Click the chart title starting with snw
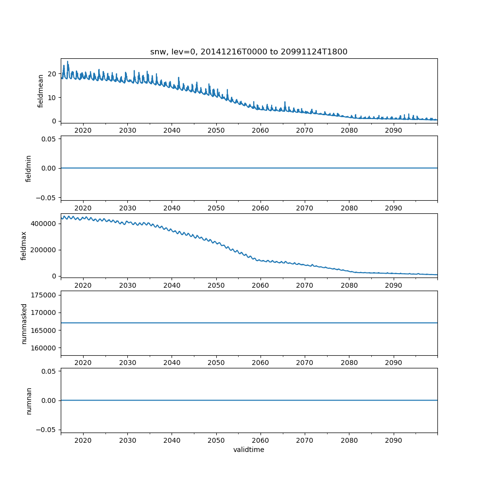pyautogui.click(x=248, y=52)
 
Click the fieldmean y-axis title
pyautogui.click(x=41, y=91)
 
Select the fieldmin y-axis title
pyautogui.click(x=28, y=168)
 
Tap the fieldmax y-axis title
pyautogui.click(x=23, y=245)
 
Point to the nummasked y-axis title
pyautogui.click(x=24, y=323)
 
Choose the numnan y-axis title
pyautogui.click(x=29, y=400)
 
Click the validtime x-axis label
pyautogui.click(x=248, y=450)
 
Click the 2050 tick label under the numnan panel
pyautogui.click(x=216, y=440)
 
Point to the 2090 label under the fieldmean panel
pyautogui.click(x=393, y=131)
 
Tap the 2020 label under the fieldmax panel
pyautogui.click(x=83, y=285)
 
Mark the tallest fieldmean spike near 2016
pyautogui.click(x=68, y=62)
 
